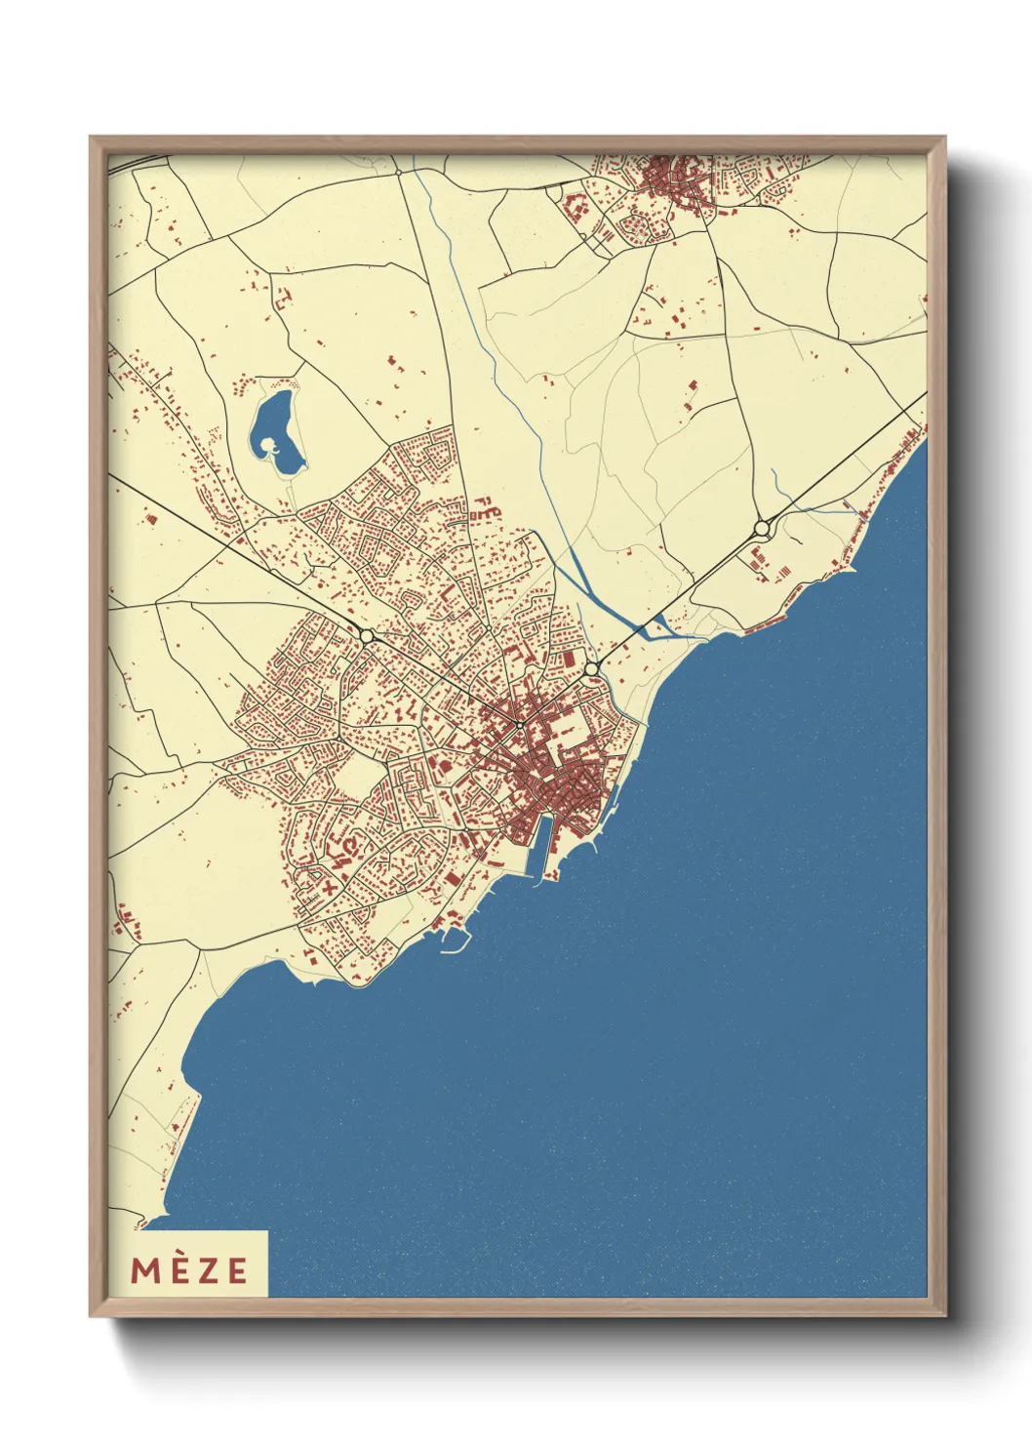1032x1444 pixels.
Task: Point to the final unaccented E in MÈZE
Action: [x=237, y=1269]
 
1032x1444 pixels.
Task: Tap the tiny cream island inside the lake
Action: [x=273, y=448]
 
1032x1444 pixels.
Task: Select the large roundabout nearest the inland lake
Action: [x=367, y=636]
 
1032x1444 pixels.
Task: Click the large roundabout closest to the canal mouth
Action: [x=591, y=669]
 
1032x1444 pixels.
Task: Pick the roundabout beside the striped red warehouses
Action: [x=762, y=529]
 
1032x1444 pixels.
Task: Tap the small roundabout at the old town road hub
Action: [x=521, y=726]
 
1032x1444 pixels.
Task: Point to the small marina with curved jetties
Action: [x=455, y=939]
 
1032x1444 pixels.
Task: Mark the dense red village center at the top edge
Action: [x=673, y=180]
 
